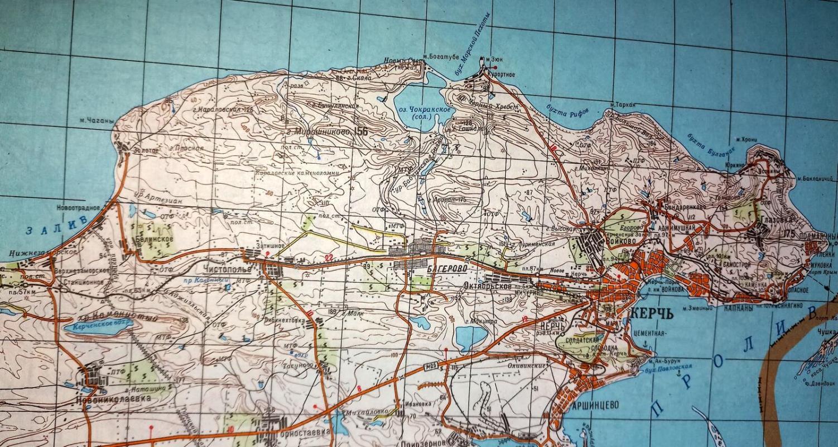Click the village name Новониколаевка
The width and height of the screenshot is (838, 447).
pos(113,399)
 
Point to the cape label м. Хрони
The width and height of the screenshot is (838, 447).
pos(746,139)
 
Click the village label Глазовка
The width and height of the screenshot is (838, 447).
pos(771,220)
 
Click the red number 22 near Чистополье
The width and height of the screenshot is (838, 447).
pos(329,257)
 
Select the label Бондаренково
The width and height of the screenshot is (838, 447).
pos(685,206)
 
